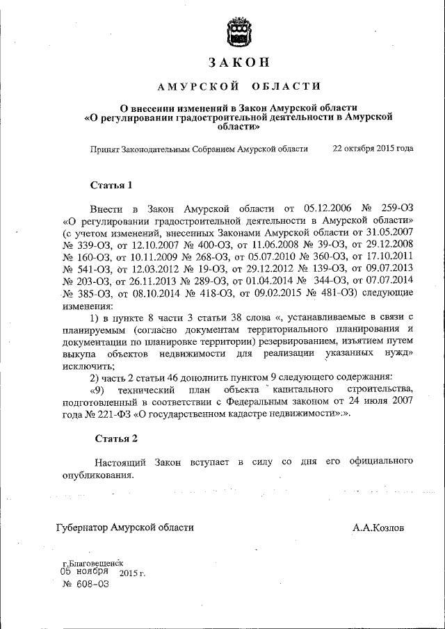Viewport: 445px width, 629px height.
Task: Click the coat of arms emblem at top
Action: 239,31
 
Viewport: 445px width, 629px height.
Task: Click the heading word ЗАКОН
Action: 239,62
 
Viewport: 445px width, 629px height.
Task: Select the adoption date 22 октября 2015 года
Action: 373,149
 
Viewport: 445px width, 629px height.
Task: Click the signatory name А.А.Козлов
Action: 378,528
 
